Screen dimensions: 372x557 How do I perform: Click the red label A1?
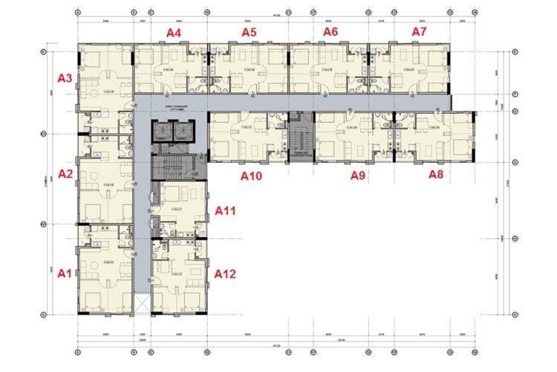click(65, 274)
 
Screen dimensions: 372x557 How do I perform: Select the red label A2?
click(65, 174)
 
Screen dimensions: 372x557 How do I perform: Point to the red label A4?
click(175, 32)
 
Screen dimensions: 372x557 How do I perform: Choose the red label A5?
click(249, 32)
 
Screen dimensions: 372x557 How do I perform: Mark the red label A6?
click(330, 32)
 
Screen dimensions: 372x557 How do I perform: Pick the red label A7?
click(420, 32)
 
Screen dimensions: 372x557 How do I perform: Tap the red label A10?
click(252, 176)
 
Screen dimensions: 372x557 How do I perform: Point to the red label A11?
click(225, 211)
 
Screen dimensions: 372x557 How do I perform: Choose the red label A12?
click(225, 274)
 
